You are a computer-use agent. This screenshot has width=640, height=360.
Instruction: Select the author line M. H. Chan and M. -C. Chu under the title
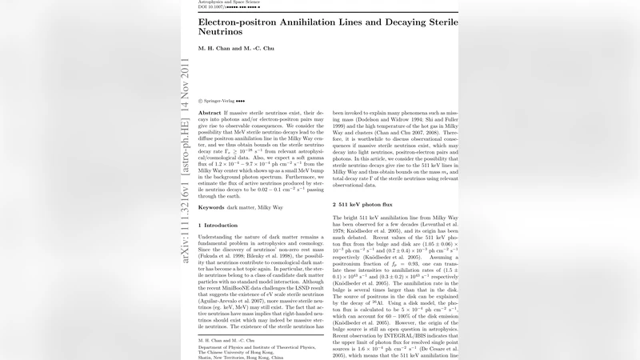(x=236, y=50)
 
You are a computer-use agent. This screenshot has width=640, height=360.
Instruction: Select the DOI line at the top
(x=229, y=9)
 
